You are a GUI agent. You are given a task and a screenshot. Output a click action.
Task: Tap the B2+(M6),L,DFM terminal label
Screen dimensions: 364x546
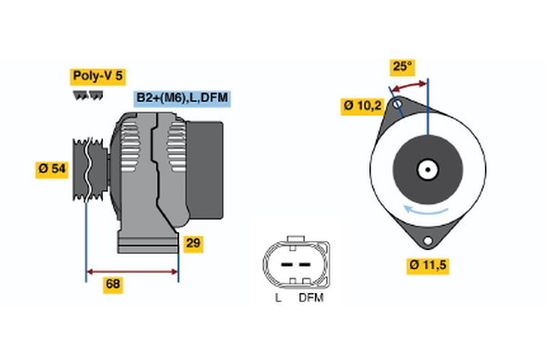click(181, 97)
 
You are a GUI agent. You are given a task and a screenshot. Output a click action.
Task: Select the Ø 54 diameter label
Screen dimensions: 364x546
click(52, 169)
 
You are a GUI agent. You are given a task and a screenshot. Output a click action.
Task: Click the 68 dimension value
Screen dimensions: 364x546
click(113, 284)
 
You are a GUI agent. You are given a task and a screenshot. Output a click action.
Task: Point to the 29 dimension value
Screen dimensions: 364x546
click(193, 243)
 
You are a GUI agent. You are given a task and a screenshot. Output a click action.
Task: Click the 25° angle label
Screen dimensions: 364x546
click(401, 66)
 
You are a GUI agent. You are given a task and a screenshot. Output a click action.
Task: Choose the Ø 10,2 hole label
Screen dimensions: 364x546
click(361, 106)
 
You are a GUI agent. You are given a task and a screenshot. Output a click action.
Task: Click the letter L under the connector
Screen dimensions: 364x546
click(278, 298)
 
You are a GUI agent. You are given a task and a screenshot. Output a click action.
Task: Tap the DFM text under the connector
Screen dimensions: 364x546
click(310, 298)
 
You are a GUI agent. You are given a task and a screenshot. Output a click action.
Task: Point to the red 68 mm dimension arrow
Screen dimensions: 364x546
click(132, 270)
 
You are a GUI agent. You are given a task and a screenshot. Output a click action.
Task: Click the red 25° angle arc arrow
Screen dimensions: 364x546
click(409, 85)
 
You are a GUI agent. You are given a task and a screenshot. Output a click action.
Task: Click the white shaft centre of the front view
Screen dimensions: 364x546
click(427, 168)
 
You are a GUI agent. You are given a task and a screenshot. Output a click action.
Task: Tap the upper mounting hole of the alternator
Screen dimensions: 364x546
click(398, 106)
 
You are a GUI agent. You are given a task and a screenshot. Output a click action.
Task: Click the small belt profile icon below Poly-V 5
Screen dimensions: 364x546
click(86, 95)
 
